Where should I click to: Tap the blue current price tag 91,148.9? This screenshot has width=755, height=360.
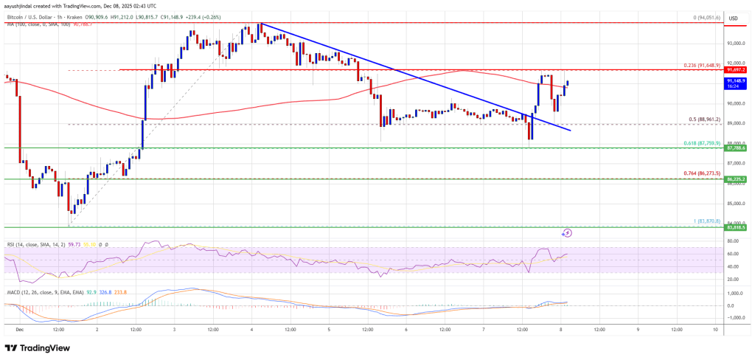pyautogui.click(x=737, y=80)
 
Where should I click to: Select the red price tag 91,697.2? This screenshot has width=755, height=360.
pyautogui.click(x=737, y=70)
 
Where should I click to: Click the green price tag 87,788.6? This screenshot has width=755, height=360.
pyautogui.click(x=737, y=148)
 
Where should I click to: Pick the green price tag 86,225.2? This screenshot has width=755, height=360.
pyautogui.click(x=737, y=179)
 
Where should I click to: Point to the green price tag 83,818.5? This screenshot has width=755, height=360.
pyautogui.click(x=737, y=228)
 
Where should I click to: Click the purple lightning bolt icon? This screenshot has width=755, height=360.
pyautogui.click(x=567, y=233)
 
